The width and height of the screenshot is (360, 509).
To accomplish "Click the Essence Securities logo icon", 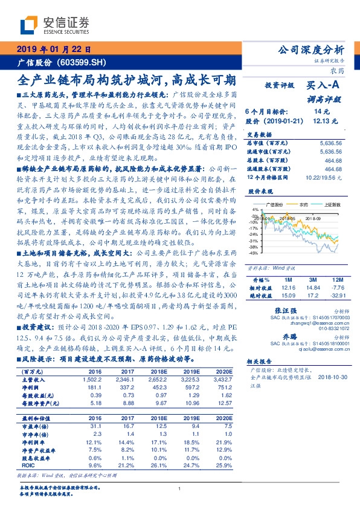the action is point(27,25).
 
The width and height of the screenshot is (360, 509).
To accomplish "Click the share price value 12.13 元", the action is point(323,121).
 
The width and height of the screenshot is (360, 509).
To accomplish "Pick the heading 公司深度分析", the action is point(310,50).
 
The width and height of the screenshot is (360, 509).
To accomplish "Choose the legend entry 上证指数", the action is point(327,206).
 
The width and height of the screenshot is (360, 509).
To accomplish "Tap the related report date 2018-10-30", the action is point(330,376).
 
